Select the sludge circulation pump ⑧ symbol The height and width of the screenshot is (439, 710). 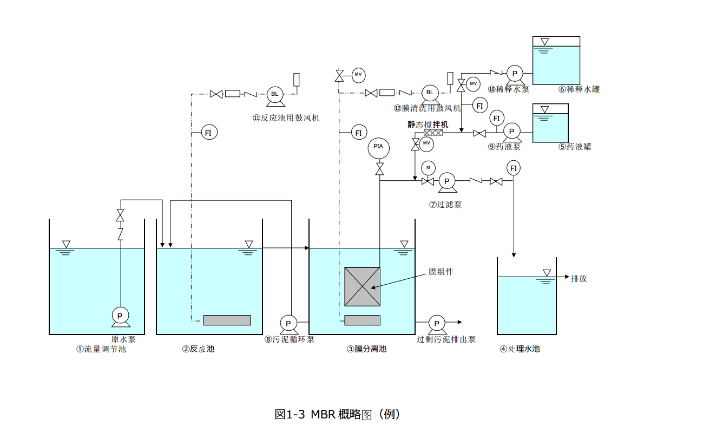288,323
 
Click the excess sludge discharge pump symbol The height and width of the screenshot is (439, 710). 436,323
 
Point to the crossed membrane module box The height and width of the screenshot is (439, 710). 362,286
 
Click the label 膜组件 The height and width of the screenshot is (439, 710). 441,272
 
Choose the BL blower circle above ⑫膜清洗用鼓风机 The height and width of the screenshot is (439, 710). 430,93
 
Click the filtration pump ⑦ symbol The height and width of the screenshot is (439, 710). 447,181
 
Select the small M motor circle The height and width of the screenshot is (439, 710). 428,167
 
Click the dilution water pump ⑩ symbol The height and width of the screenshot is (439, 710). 515,73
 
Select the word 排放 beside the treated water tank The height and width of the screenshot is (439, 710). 578,278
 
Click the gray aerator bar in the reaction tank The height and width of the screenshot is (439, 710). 227,320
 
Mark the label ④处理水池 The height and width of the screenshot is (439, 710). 520,349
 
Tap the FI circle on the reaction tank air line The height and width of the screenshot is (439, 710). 209,132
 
